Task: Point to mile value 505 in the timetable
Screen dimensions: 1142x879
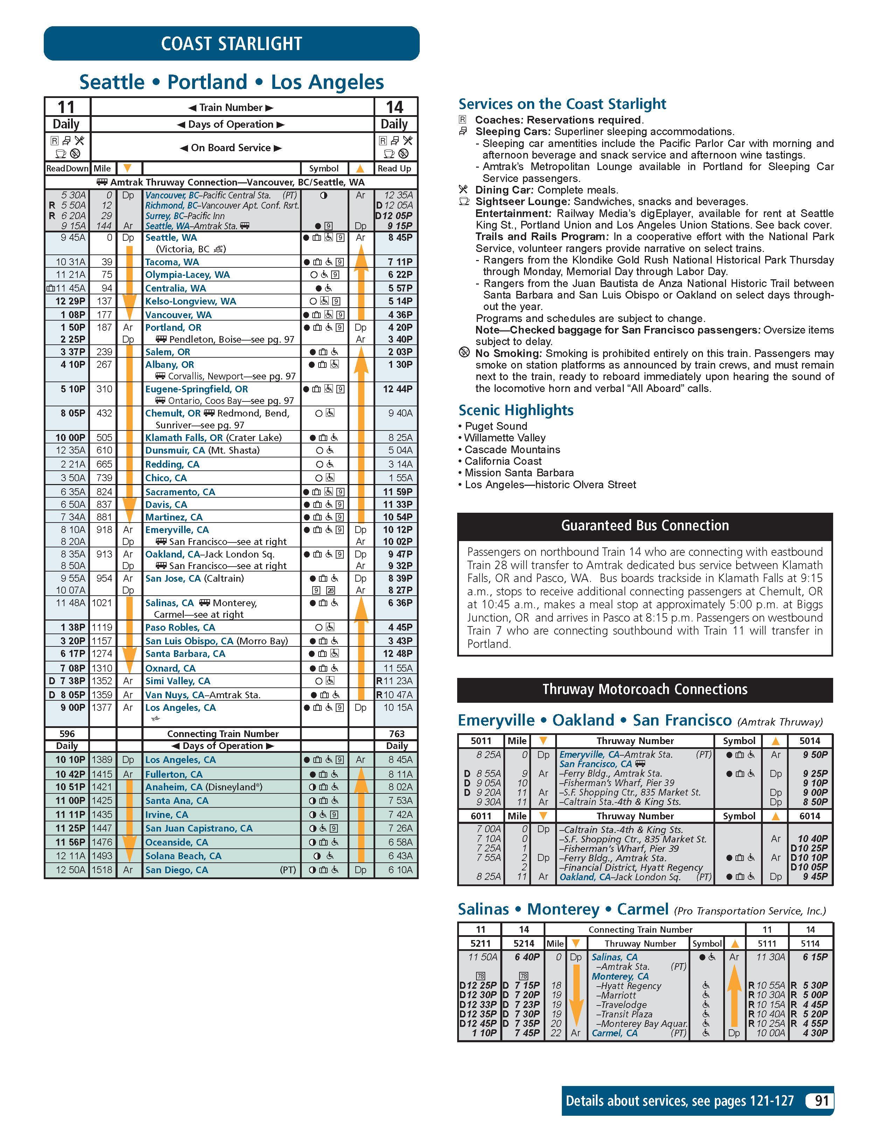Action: click(104, 438)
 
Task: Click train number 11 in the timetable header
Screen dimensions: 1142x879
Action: click(67, 107)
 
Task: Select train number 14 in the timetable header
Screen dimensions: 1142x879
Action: click(395, 107)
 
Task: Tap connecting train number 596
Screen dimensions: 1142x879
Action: click(67, 734)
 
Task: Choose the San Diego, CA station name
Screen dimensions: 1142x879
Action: click(177, 870)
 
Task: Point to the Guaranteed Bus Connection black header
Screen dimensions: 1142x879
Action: click(645, 526)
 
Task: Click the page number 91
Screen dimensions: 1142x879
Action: click(822, 1101)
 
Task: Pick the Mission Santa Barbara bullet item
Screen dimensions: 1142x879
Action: click(519, 473)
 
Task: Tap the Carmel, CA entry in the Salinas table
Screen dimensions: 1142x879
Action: click(614, 1033)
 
